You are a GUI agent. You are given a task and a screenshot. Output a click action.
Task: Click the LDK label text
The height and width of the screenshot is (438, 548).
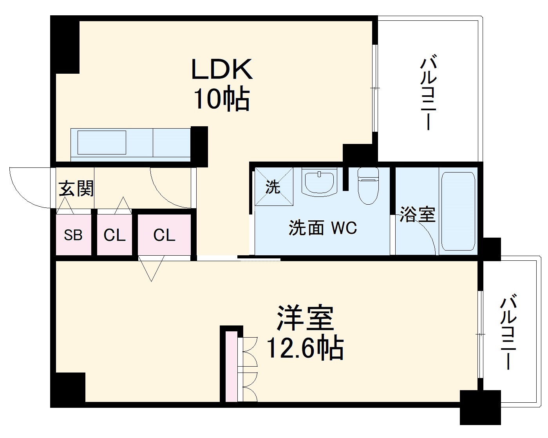[x=222, y=69]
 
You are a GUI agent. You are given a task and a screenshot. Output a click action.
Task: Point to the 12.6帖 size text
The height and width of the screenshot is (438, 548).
[x=305, y=348]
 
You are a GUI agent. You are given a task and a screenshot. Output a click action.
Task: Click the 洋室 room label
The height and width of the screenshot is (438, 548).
[x=305, y=317]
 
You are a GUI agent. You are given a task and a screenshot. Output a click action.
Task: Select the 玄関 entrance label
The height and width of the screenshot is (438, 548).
[x=76, y=188]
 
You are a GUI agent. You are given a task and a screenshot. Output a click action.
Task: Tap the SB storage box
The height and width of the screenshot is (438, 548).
[x=73, y=234]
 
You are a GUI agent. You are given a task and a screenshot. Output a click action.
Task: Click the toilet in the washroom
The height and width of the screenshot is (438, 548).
[x=368, y=185]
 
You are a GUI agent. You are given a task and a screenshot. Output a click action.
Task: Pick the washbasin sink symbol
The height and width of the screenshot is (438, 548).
[x=319, y=182]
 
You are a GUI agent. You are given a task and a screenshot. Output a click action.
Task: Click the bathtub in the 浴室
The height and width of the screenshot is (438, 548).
[x=458, y=211]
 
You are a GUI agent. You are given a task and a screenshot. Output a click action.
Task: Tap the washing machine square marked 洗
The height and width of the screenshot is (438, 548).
[x=274, y=186]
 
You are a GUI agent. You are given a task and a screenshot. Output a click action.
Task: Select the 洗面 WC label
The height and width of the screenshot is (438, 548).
[x=323, y=227]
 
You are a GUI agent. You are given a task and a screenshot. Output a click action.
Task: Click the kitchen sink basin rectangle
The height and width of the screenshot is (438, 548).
[x=101, y=142]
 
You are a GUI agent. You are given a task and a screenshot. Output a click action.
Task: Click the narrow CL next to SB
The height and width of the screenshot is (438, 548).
[x=115, y=234]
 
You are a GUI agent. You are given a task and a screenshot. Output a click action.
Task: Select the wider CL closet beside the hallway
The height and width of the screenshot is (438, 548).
[x=164, y=234]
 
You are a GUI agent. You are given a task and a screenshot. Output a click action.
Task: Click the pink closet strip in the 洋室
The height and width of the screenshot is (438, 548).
[x=231, y=367]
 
